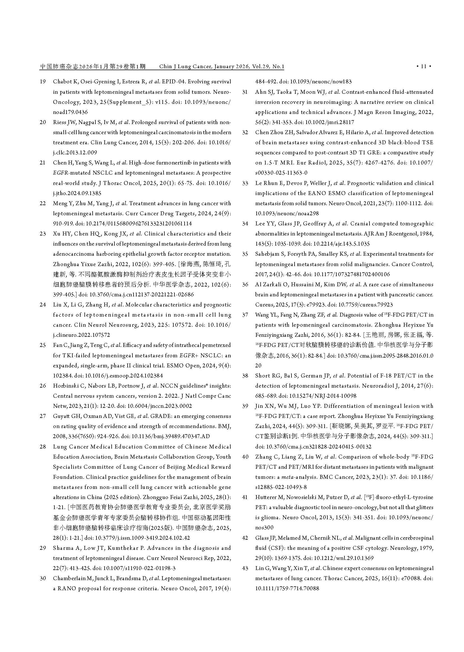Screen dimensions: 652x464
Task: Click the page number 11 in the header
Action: pyautogui.click(x=424, y=67)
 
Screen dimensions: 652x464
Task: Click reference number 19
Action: pyautogui.click(x=43, y=82)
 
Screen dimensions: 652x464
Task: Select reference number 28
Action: pyautogui.click(x=43, y=447)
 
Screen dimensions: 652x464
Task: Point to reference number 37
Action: pyautogui.click(x=245, y=315)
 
